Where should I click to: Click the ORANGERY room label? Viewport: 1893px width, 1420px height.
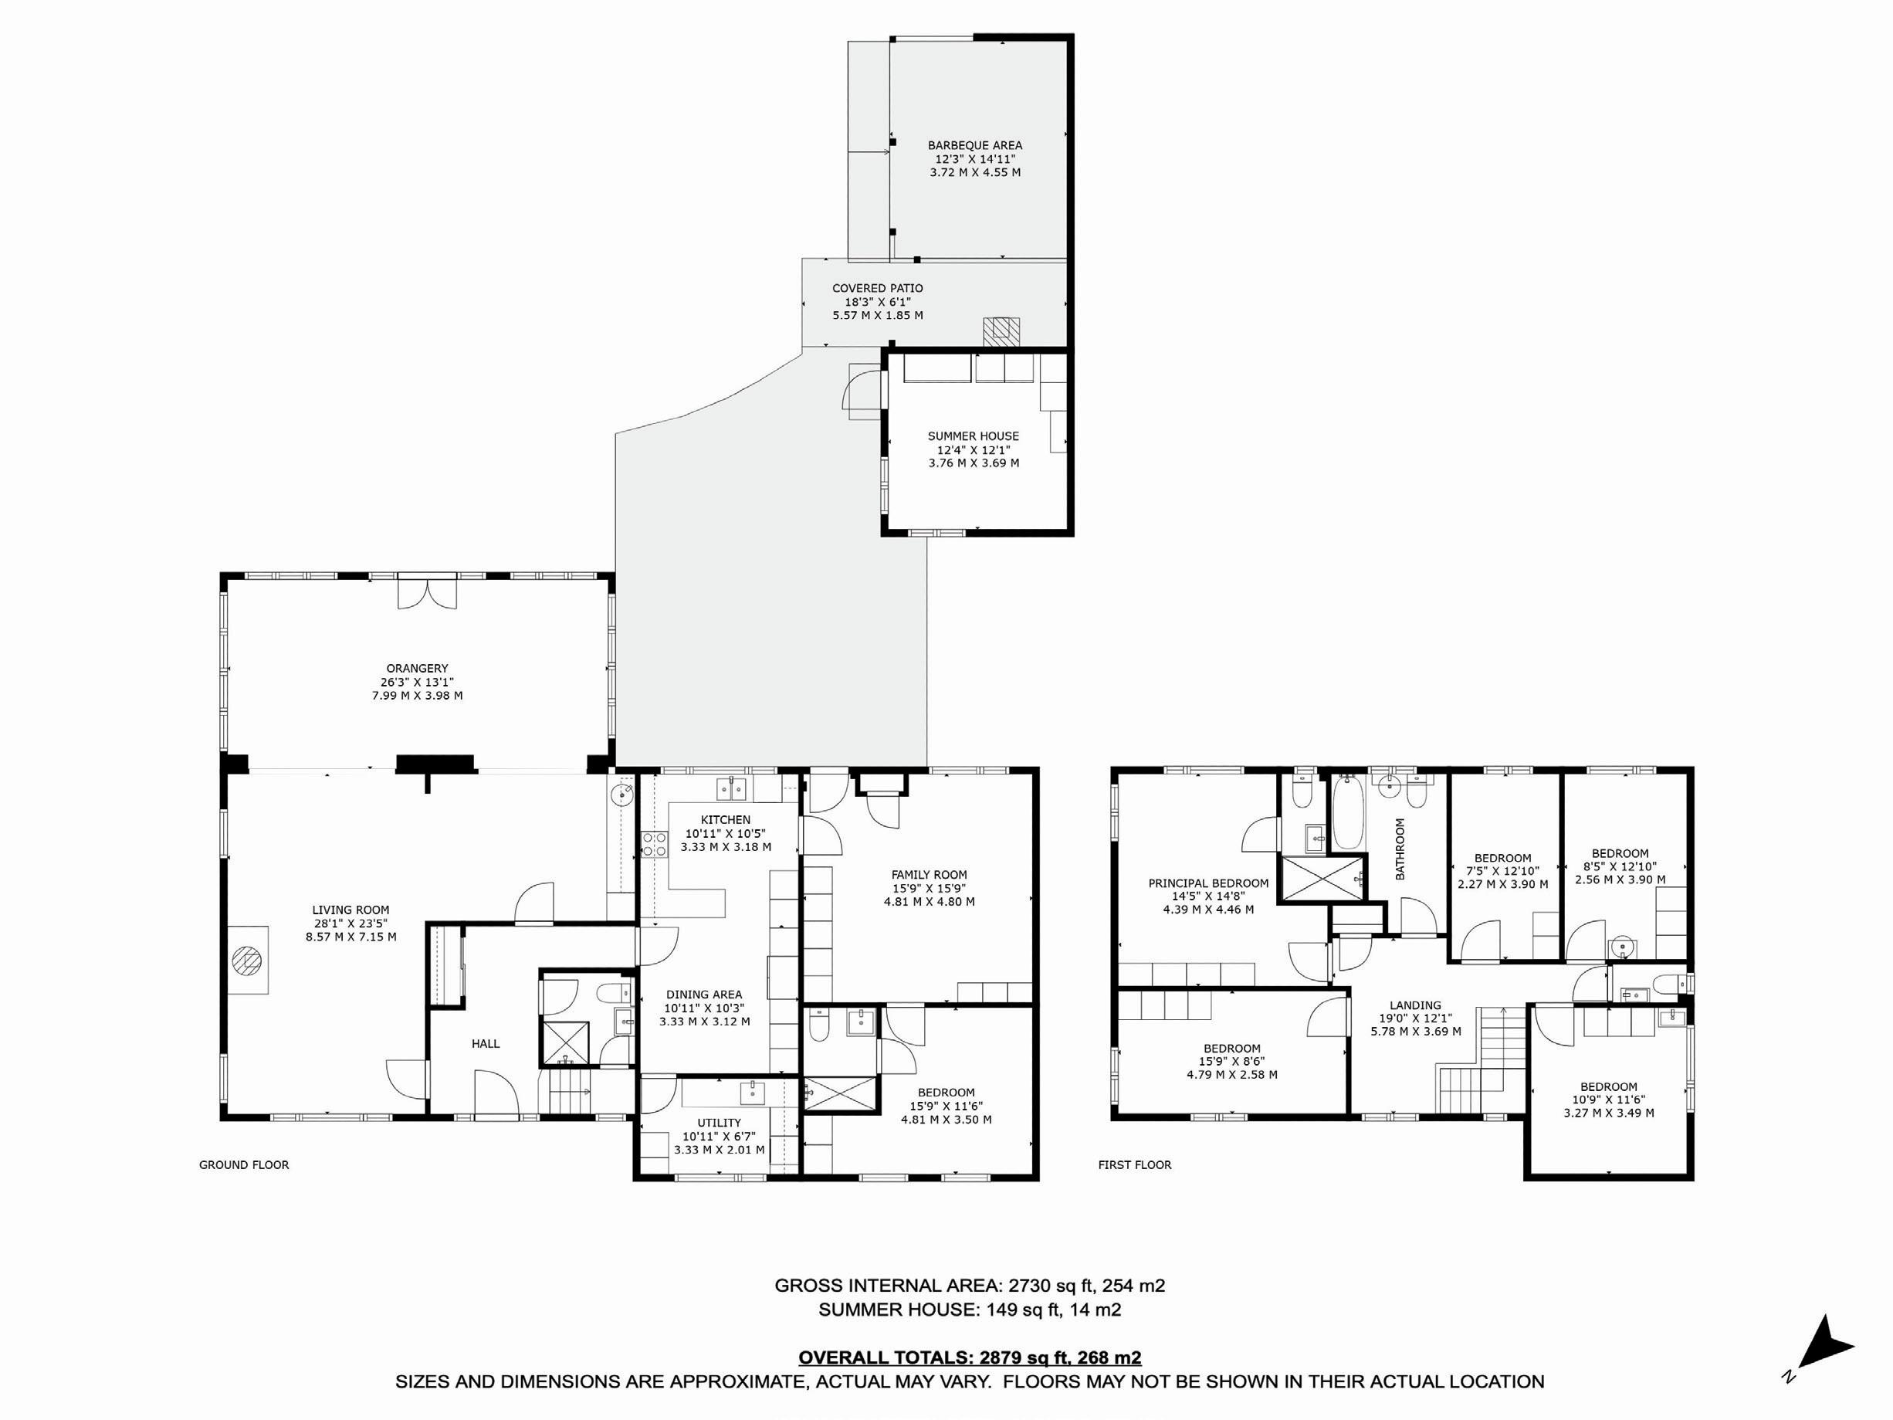pyautogui.click(x=417, y=669)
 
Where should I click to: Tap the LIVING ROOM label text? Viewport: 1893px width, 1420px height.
pyautogui.click(x=350, y=910)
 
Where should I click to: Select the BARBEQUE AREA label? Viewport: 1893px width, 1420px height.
pyautogui.click(x=975, y=145)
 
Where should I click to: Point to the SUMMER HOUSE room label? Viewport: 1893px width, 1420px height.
pyautogui.click(x=973, y=436)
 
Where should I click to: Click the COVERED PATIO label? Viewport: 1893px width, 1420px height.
pyautogui.click(x=878, y=289)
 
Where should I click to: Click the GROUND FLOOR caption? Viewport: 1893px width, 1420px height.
pyautogui.click(x=244, y=1165)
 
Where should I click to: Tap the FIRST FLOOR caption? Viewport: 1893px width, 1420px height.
pyautogui.click(x=1135, y=1165)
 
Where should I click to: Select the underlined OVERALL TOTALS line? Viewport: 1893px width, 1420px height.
pyautogui.click(x=970, y=1358)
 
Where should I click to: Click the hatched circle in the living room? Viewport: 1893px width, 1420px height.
pyautogui.click(x=247, y=960)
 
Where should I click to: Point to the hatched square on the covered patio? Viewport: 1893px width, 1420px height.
pyautogui.click(x=1001, y=331)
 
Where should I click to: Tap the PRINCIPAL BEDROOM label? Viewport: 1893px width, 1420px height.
pyautogui.click(x=1208, y=883)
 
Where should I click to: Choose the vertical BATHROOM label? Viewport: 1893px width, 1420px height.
pyautogui.click(x=1401, y=849)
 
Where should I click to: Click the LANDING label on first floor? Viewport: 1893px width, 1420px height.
pyautogui.click(x=1415, y=1005)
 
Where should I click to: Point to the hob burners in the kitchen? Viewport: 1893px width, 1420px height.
pyautogui.click(x=655, y=844)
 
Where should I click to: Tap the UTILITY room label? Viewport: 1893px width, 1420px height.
pyautogui.click(x=719, y=1123)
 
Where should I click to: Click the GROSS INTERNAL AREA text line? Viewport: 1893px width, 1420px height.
pyautogui.click(x=970, y=1286)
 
